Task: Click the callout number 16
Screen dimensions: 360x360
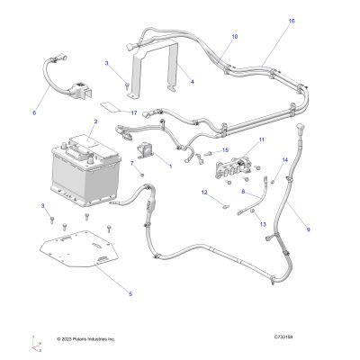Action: pyautogui.click(x=292, y=22)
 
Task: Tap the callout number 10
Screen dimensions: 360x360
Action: pyautogui.click(x=235, y=37)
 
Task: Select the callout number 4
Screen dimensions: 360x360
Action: pyautogui.click(x=192, y=81)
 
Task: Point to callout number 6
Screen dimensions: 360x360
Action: pyautogui.click(x=34, y=113)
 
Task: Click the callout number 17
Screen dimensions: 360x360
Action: pyautogui.click(x=134, y=113)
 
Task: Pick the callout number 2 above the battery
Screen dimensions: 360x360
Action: pyautogui.click(x=95, y=121)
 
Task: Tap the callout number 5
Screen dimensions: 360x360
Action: pyautogui.click(x=130, y=294)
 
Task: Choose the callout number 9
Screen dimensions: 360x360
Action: pyautogui.click(x=309, y=229)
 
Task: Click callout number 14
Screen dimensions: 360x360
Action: pyautogui.click(x=284, y=160)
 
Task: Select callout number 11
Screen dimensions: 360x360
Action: pyautogui.click(x=262, y=139)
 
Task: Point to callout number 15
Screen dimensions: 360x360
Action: pyautogui.click(x=225, y=150)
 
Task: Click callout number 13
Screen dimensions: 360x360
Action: pyautogui.click(x=263, y=224)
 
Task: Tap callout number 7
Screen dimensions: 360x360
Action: pyautogui.click(x=131, y=163)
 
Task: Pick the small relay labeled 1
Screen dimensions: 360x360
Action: pyautogui.click(x=144, y=150)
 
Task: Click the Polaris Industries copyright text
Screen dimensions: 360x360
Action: pyautogui.click(x=86, y=339)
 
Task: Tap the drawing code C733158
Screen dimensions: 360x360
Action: pyautogui.click(x=283, y=337)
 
